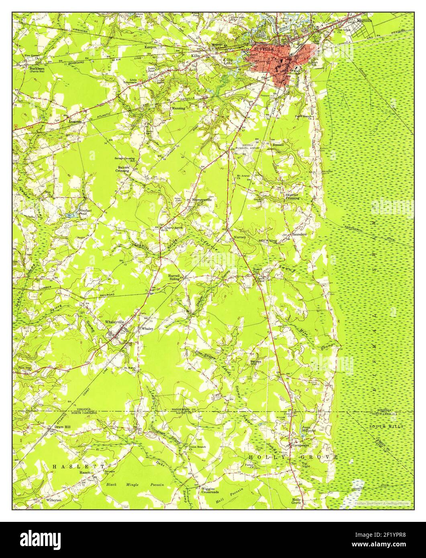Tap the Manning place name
(178, 108)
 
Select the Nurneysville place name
(202, 200)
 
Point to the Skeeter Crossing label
(292, 196)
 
